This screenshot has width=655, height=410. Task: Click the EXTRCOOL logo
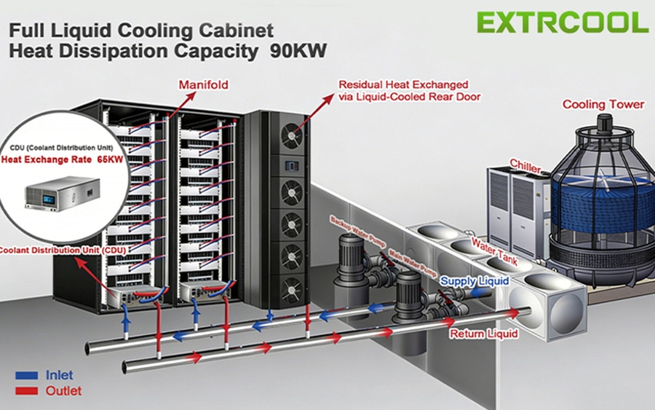[563, 23]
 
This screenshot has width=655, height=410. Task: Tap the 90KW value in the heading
[298, 51]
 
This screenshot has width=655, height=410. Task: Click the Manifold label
[204, 85]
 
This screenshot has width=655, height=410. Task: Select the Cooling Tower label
[603, 104]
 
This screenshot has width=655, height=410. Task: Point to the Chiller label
[525, 166]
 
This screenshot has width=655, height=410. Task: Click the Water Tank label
[494, 251]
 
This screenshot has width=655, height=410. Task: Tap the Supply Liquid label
[475, 281]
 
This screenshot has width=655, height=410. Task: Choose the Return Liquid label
[484, 334]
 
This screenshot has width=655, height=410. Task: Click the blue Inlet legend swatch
[27, 375]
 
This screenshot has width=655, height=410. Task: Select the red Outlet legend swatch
[27, 391]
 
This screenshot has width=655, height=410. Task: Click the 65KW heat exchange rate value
[111, 159]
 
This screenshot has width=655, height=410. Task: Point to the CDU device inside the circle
[63, 193]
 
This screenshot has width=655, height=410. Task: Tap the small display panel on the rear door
[292, 166]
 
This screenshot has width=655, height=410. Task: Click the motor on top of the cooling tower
[603, 122]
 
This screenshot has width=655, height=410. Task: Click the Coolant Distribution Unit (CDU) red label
[63, 250]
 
